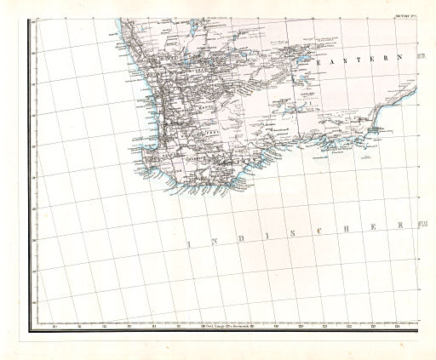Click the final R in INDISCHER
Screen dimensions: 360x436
[400, 225]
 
